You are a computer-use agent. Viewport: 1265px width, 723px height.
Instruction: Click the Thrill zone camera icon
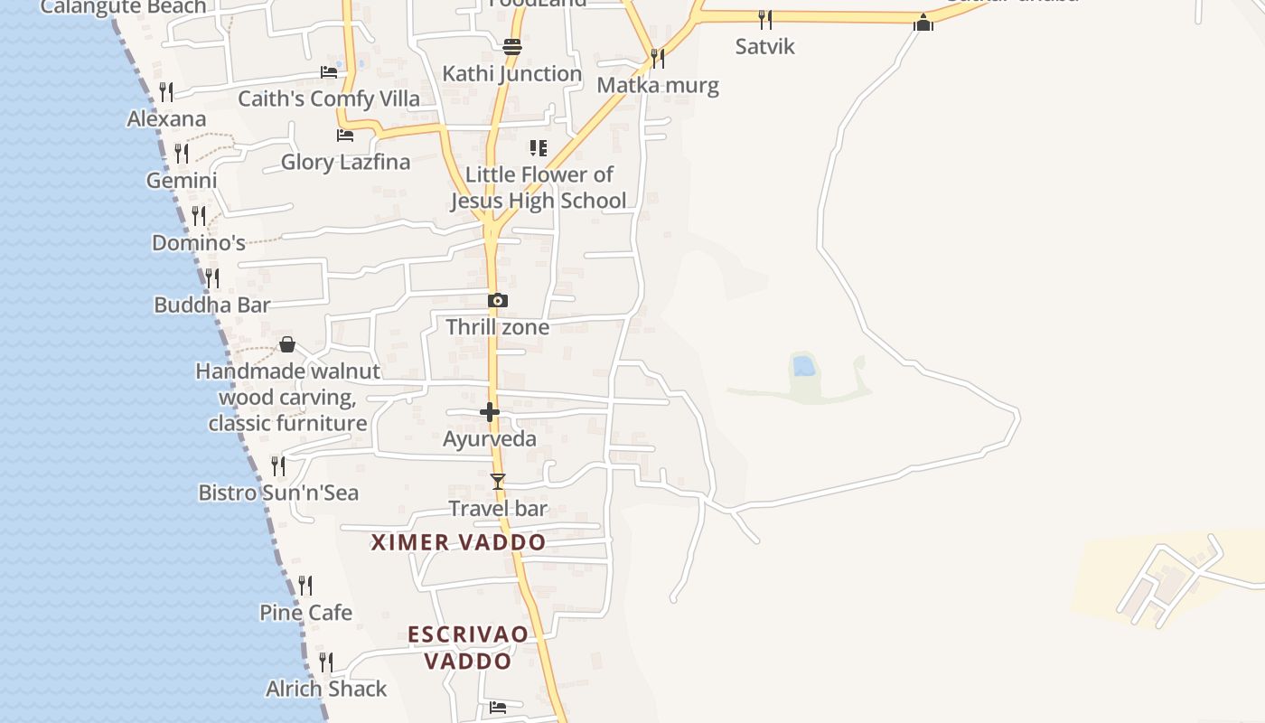click(498, 301)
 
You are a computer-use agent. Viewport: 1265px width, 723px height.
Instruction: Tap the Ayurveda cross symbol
click(490, 412)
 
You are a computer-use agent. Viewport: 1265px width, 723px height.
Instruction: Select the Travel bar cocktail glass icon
click(497, 482)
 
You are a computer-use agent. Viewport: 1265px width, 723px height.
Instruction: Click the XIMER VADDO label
click(459, 542)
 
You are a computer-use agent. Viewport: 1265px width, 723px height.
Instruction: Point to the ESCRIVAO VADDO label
click(468, 647)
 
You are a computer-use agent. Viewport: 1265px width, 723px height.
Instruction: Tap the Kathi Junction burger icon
click(512, 46)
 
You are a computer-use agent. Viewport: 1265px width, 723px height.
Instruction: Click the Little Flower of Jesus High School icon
click(539, 147)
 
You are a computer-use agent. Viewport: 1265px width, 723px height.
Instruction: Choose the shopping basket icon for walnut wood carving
click(287, 344)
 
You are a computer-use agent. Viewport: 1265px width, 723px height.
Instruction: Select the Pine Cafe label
click(305, 613)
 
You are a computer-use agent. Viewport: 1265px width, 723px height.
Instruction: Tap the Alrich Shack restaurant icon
click(325, 662)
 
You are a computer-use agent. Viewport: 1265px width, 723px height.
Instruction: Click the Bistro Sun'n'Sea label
click(278, 493)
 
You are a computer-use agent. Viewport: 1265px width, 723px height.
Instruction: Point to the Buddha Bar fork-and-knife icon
click(211, 277)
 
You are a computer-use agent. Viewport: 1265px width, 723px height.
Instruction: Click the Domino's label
click(199, 243)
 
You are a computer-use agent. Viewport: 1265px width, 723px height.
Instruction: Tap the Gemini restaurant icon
click(182, 153)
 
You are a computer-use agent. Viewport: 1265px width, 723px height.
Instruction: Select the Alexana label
click(166, 118)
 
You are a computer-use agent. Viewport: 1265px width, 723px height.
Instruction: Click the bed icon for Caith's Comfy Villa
click(329, 71)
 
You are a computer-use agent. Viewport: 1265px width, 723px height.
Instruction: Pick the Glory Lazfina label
click(345, 163)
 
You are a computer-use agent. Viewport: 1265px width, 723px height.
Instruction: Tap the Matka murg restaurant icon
click(658, 59)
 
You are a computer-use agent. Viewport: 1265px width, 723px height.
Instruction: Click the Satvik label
click(764, 46)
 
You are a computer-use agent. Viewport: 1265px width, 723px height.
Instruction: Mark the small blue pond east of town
click(803, 366)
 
